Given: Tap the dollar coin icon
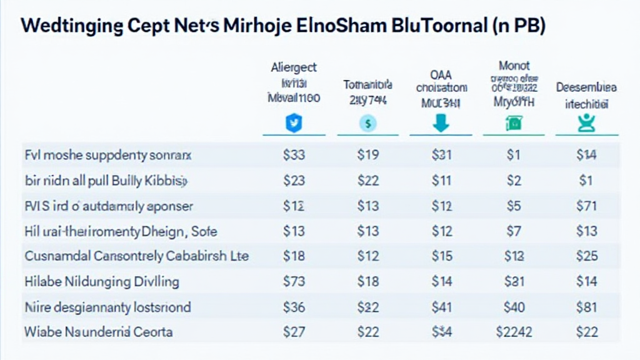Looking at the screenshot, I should [367, 124].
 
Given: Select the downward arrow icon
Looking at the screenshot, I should [441, 123].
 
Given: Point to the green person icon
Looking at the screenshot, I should [587, 123].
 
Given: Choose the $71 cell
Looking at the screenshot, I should [587, 206].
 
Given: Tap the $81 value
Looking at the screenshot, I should [587, 307].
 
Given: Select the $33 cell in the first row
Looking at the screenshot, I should [294, 156].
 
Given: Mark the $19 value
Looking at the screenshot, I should [367, 156].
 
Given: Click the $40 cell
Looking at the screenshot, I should [514, 307].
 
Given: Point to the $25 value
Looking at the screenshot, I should [587, 256].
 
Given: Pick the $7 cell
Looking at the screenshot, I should [514, 231].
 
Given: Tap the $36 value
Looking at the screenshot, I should [294, 307].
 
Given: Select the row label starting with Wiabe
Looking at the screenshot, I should [98, 332].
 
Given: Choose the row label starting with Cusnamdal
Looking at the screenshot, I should [136, 256].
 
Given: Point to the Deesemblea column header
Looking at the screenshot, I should [587, 88].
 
